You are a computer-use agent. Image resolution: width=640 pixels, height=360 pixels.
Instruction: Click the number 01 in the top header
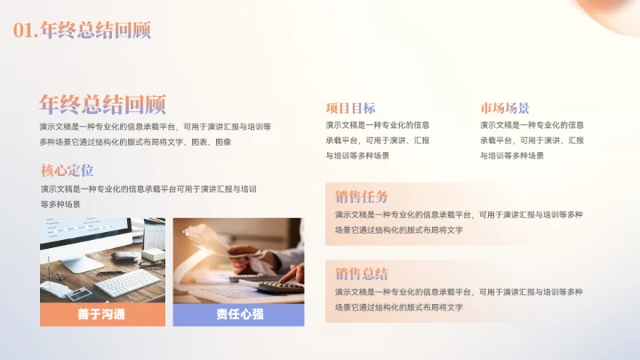click(25, 30)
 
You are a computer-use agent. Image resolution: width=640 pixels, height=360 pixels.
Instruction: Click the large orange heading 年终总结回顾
click(102, 104)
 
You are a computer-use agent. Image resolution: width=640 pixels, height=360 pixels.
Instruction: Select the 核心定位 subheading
click(67, 171)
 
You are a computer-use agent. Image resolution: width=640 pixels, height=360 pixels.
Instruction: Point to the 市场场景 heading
click(505, 108)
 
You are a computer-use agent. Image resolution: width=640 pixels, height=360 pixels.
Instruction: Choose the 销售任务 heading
click(361, 196)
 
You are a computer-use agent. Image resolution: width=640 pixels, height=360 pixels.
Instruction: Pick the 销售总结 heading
click(361, 274)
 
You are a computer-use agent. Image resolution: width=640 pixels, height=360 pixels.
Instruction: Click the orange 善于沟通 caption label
click(102, 315)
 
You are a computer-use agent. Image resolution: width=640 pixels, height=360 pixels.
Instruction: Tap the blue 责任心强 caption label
click(238, 315)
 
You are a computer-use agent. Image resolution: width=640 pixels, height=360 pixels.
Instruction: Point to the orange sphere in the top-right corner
click(613, 11)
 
